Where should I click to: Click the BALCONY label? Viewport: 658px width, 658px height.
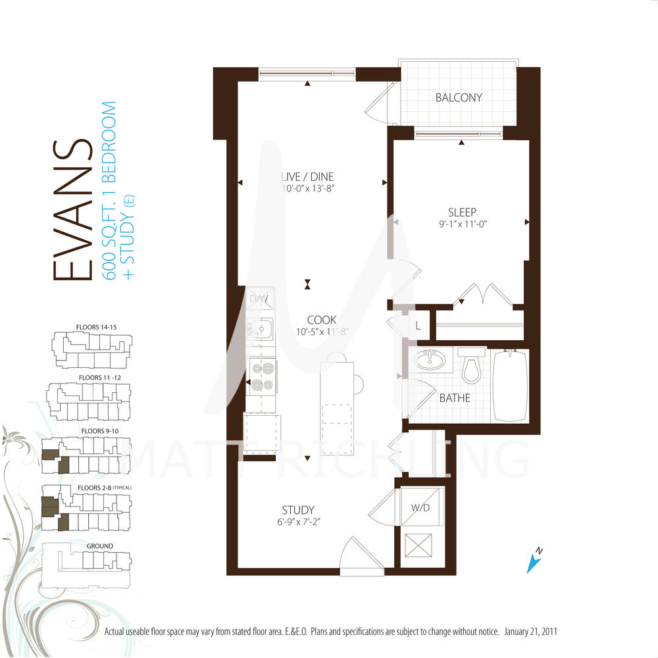[459, 98]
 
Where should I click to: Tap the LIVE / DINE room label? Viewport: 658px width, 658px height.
[307, 176]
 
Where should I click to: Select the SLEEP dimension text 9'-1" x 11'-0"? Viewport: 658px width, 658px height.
[463, 224]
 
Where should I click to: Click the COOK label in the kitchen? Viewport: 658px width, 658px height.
[322, 320]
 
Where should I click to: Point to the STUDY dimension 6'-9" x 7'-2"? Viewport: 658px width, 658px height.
[298, 522]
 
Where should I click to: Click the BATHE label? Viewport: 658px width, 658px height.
[455, 398]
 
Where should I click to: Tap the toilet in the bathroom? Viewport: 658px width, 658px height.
[472, 365]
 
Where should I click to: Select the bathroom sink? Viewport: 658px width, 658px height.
[430, 360]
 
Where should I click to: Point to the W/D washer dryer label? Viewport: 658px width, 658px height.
[420, 508]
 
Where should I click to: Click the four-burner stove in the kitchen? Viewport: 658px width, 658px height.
[263, 376]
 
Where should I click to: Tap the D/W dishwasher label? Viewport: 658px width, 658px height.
[259, 299]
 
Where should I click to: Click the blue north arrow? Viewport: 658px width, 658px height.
[534, 561]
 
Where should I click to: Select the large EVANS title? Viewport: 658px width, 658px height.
[72, 210]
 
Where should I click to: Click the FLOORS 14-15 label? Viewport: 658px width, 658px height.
[97, 327]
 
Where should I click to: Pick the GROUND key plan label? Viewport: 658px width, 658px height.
[100, 546]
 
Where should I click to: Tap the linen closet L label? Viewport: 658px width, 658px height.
[418, 325]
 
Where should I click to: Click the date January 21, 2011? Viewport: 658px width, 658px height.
[530, 632]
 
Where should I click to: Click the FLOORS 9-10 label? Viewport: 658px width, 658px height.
[100, 431]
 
